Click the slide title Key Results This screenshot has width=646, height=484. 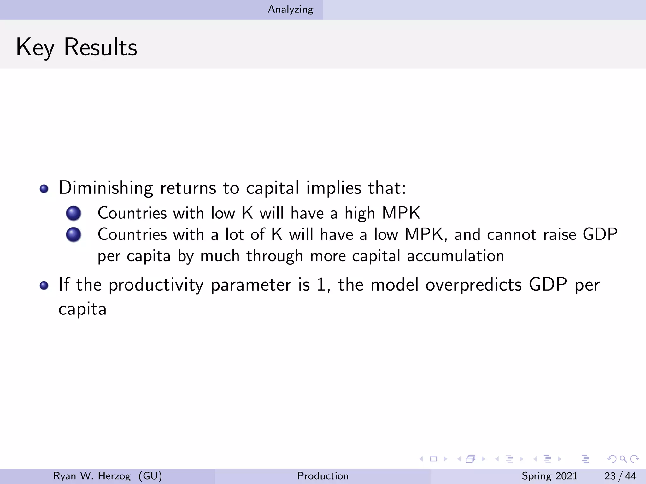coord(77,47)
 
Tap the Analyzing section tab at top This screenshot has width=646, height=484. coord(291,9)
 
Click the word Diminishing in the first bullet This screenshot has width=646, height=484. coord(106,188)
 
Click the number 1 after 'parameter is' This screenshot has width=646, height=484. coord(321,285)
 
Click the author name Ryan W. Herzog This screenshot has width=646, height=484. coord(92,476)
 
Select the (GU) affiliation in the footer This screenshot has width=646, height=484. coord(150,476)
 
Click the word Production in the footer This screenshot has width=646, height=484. coord(323,476)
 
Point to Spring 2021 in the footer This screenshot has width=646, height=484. coord(549,476)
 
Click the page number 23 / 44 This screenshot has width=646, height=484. coord(620,476)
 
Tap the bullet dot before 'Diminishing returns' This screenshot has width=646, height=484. coord(44,189)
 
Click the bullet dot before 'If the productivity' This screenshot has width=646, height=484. coord(44,285)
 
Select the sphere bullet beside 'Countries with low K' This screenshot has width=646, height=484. coord(73,213)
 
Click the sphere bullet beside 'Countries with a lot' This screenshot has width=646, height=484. coord(73,235)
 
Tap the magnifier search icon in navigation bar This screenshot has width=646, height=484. coord(623,459)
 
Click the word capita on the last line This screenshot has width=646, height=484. coord(82,309)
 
